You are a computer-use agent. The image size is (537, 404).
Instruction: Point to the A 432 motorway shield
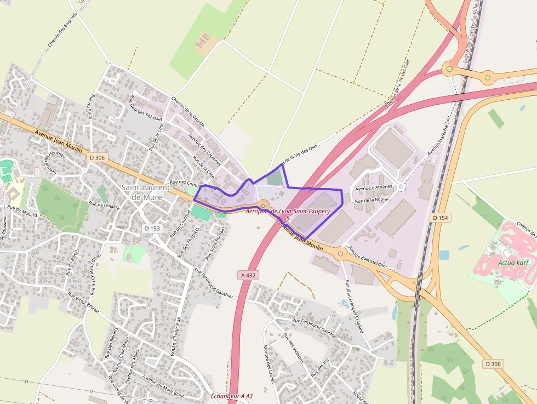pyautogui.click(x=248, y=275)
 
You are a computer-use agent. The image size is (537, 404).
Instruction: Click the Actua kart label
pyautogui.click(x=513, y=262)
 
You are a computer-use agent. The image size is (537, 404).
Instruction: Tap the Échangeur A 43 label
pyautogui.click(x=232, y=396)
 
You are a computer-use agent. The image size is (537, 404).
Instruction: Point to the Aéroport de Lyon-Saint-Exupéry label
pyautogui.click(x=288, y=211)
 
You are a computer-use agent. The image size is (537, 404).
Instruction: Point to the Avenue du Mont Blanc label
pyautogui.click(x=164, y=386)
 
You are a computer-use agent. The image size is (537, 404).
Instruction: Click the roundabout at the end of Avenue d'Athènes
pyautogui.click(x=401, y=187)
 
